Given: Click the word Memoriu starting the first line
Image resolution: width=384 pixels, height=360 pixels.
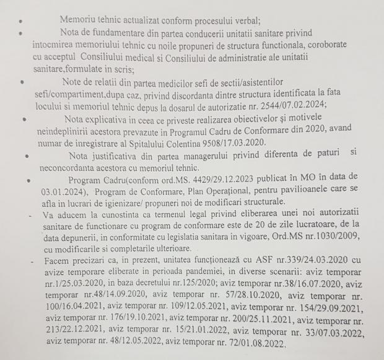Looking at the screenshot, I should point(81,19).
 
